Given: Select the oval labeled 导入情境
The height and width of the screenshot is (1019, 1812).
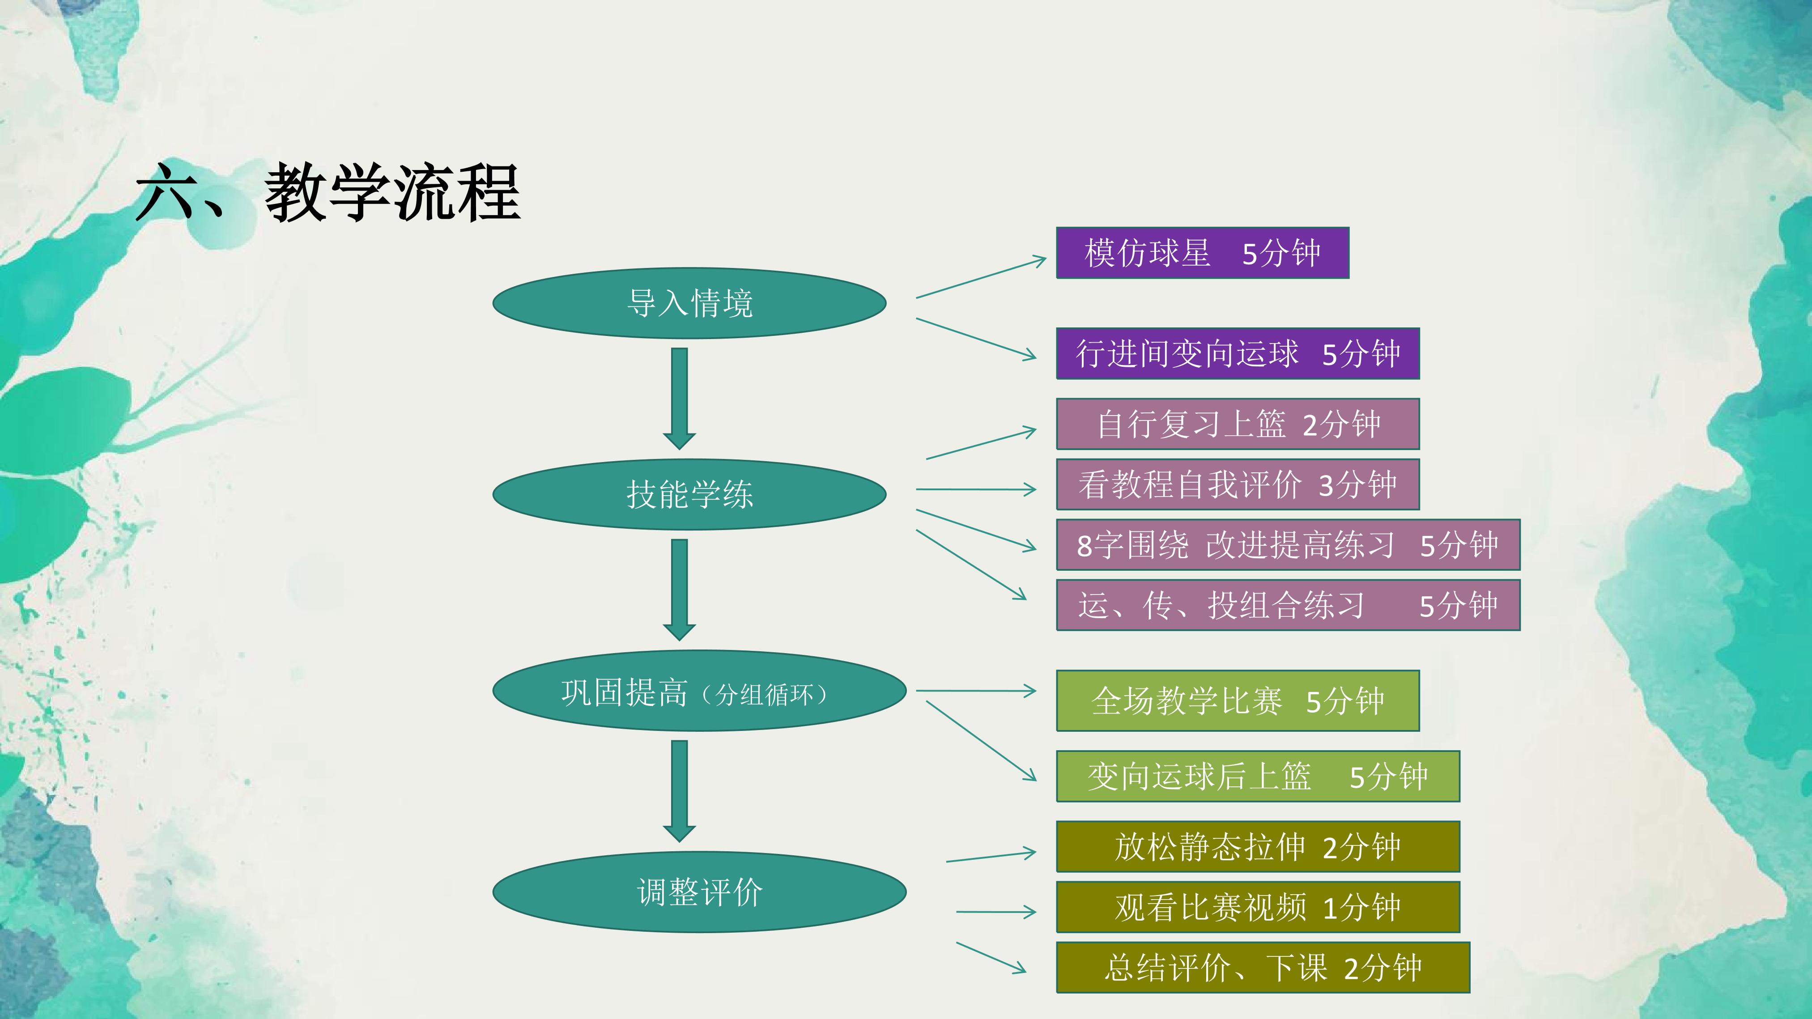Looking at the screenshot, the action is point(689,303).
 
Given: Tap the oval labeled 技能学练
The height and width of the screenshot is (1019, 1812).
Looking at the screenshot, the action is point(689,494).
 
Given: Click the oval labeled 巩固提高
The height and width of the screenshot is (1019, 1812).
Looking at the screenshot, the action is point(699,691).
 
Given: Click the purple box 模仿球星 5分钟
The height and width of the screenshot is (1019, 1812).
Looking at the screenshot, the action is point(1203,252).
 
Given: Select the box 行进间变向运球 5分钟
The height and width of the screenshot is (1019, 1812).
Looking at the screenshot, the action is point(1238,353).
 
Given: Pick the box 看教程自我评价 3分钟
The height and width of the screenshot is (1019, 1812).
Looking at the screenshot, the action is point(1238,484).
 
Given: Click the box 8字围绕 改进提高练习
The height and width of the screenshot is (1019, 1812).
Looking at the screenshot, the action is point(1288,545).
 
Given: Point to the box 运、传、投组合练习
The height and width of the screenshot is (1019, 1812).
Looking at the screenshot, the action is point(1288,605).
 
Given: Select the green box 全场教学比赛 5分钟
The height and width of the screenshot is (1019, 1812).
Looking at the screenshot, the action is point(1238,701).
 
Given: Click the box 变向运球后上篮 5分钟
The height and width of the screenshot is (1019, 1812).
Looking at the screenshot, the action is point(1258,777).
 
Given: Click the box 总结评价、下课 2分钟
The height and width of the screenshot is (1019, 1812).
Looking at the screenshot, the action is point(1263,968).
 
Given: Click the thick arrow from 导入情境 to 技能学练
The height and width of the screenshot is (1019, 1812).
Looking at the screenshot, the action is point(680,399).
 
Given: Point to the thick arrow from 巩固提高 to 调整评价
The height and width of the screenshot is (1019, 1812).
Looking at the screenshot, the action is point(680,791).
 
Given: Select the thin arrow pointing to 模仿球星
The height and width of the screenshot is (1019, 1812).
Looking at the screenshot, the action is point(981,278).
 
